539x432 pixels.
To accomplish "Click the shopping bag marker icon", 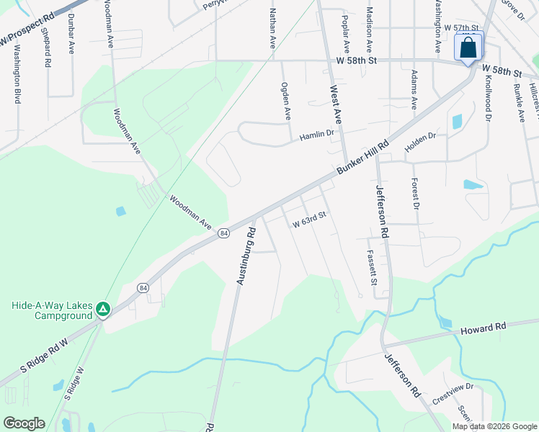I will tap(468, 48).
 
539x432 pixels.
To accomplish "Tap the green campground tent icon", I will tap(104, 310).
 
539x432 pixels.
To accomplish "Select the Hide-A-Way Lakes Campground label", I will tap(53, 310).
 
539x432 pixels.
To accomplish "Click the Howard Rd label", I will tap(484, 327).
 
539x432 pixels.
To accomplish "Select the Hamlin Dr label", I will tap(317, 133).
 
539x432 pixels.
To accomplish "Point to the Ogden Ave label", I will tap(285, 100).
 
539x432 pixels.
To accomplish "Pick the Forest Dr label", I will tap(415, 193).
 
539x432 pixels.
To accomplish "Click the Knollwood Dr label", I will tap(488, 99).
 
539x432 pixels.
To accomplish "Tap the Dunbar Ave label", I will tap(72, 36).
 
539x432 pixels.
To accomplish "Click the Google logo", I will tap(24, 423).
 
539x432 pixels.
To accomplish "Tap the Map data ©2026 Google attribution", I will tap(494, 426).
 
